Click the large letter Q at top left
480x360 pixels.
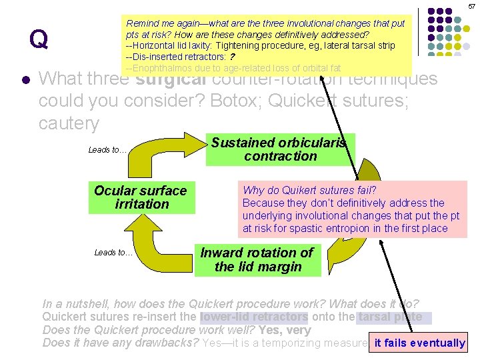tap(39, 40)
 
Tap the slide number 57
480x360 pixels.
tap(471, 6)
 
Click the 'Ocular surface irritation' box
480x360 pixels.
tap(141, 197)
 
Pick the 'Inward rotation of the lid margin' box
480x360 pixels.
tap(257, 260)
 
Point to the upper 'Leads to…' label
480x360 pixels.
tap(107, 150)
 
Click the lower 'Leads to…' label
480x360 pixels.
tap(113, 252)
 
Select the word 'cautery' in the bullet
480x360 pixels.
tap(69, 123)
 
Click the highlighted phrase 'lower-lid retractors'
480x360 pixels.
tap(254, 317)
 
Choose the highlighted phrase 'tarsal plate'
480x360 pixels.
tap(390, 317)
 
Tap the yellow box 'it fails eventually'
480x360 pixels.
tap(419, 343)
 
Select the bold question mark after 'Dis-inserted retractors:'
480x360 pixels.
tap(231, 57)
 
